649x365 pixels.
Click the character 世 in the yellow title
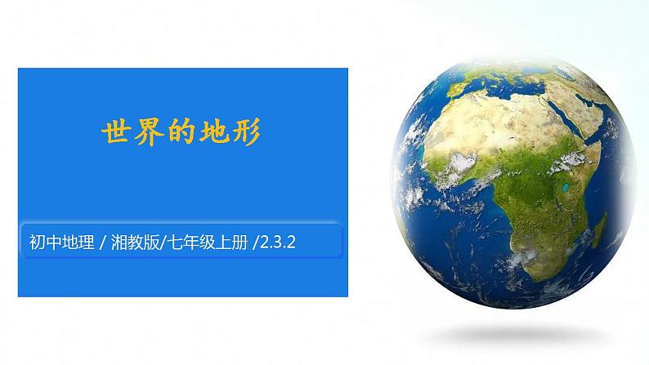[115, 133]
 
